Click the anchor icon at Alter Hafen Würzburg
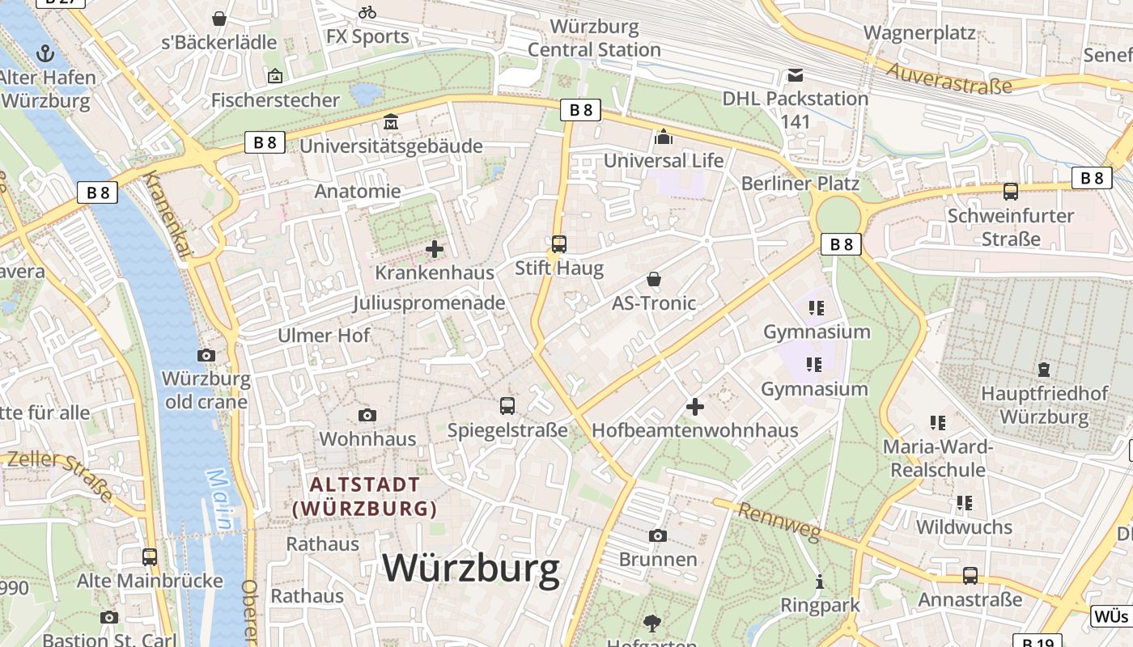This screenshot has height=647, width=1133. coord(45,54)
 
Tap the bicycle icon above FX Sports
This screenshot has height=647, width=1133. coord(367,12)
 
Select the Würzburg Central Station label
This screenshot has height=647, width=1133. coord(594,38)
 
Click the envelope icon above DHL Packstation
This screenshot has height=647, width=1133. coord(796,75)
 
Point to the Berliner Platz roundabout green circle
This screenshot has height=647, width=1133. coord(838,216)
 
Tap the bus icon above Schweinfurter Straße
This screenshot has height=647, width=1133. coord(1011,192)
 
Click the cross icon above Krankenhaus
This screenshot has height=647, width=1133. coord(435,249)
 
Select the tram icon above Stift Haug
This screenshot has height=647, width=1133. coord(558,243)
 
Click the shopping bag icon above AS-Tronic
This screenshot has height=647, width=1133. coord(654,280)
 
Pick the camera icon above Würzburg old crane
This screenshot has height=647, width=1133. coord(206,355)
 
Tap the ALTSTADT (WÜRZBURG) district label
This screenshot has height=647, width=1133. coord(366,497)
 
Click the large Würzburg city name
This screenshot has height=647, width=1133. coord(470,568)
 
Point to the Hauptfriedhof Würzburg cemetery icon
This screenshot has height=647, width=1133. coord(1044,370)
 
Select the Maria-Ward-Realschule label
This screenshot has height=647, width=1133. coord(937,458)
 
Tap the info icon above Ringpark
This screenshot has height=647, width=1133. coord(819,581)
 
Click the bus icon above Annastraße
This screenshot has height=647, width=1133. coord(970,576)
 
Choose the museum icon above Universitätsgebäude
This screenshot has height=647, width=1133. coord(391,122)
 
